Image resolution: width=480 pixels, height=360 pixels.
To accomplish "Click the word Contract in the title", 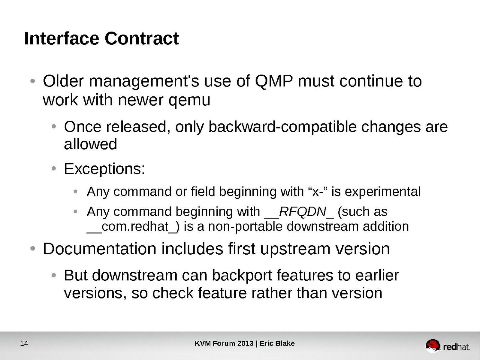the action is pyautogui.click(x=142, y=38).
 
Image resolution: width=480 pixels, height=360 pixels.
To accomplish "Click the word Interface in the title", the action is pyautogui.click(x=62, y=38).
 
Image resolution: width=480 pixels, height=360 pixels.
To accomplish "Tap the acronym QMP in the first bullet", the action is pyautogui.click(x=274, y=81).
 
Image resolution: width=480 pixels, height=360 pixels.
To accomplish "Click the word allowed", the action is pyautogui.click(x=91, y=144).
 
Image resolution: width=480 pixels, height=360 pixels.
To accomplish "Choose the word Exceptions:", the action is pyautogui.click(x=104, y=169).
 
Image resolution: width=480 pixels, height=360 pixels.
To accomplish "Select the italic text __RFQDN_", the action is pyautogui.click(x=299, y=212).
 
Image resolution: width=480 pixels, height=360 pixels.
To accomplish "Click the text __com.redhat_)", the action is pyautogui.click(x=133, y=227).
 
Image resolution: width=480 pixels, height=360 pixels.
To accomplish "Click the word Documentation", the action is pyautogui.click(x=100, y=249).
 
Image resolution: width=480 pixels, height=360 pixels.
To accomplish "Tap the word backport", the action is pyautogui.click(x=242, y=276).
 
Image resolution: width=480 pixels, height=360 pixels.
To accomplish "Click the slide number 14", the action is pyautogui.click(x=24, y=343).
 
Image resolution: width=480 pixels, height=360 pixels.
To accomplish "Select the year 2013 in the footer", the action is pyautogui.click(x=245, y=343).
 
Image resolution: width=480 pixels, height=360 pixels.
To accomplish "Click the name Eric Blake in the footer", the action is pyautogui.click(x=277, y=343).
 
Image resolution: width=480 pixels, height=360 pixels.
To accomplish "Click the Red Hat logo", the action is pyautogui.click(x=447, y=346).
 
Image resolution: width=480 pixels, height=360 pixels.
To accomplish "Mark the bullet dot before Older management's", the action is pyautogui.click(x=33, y=81).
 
